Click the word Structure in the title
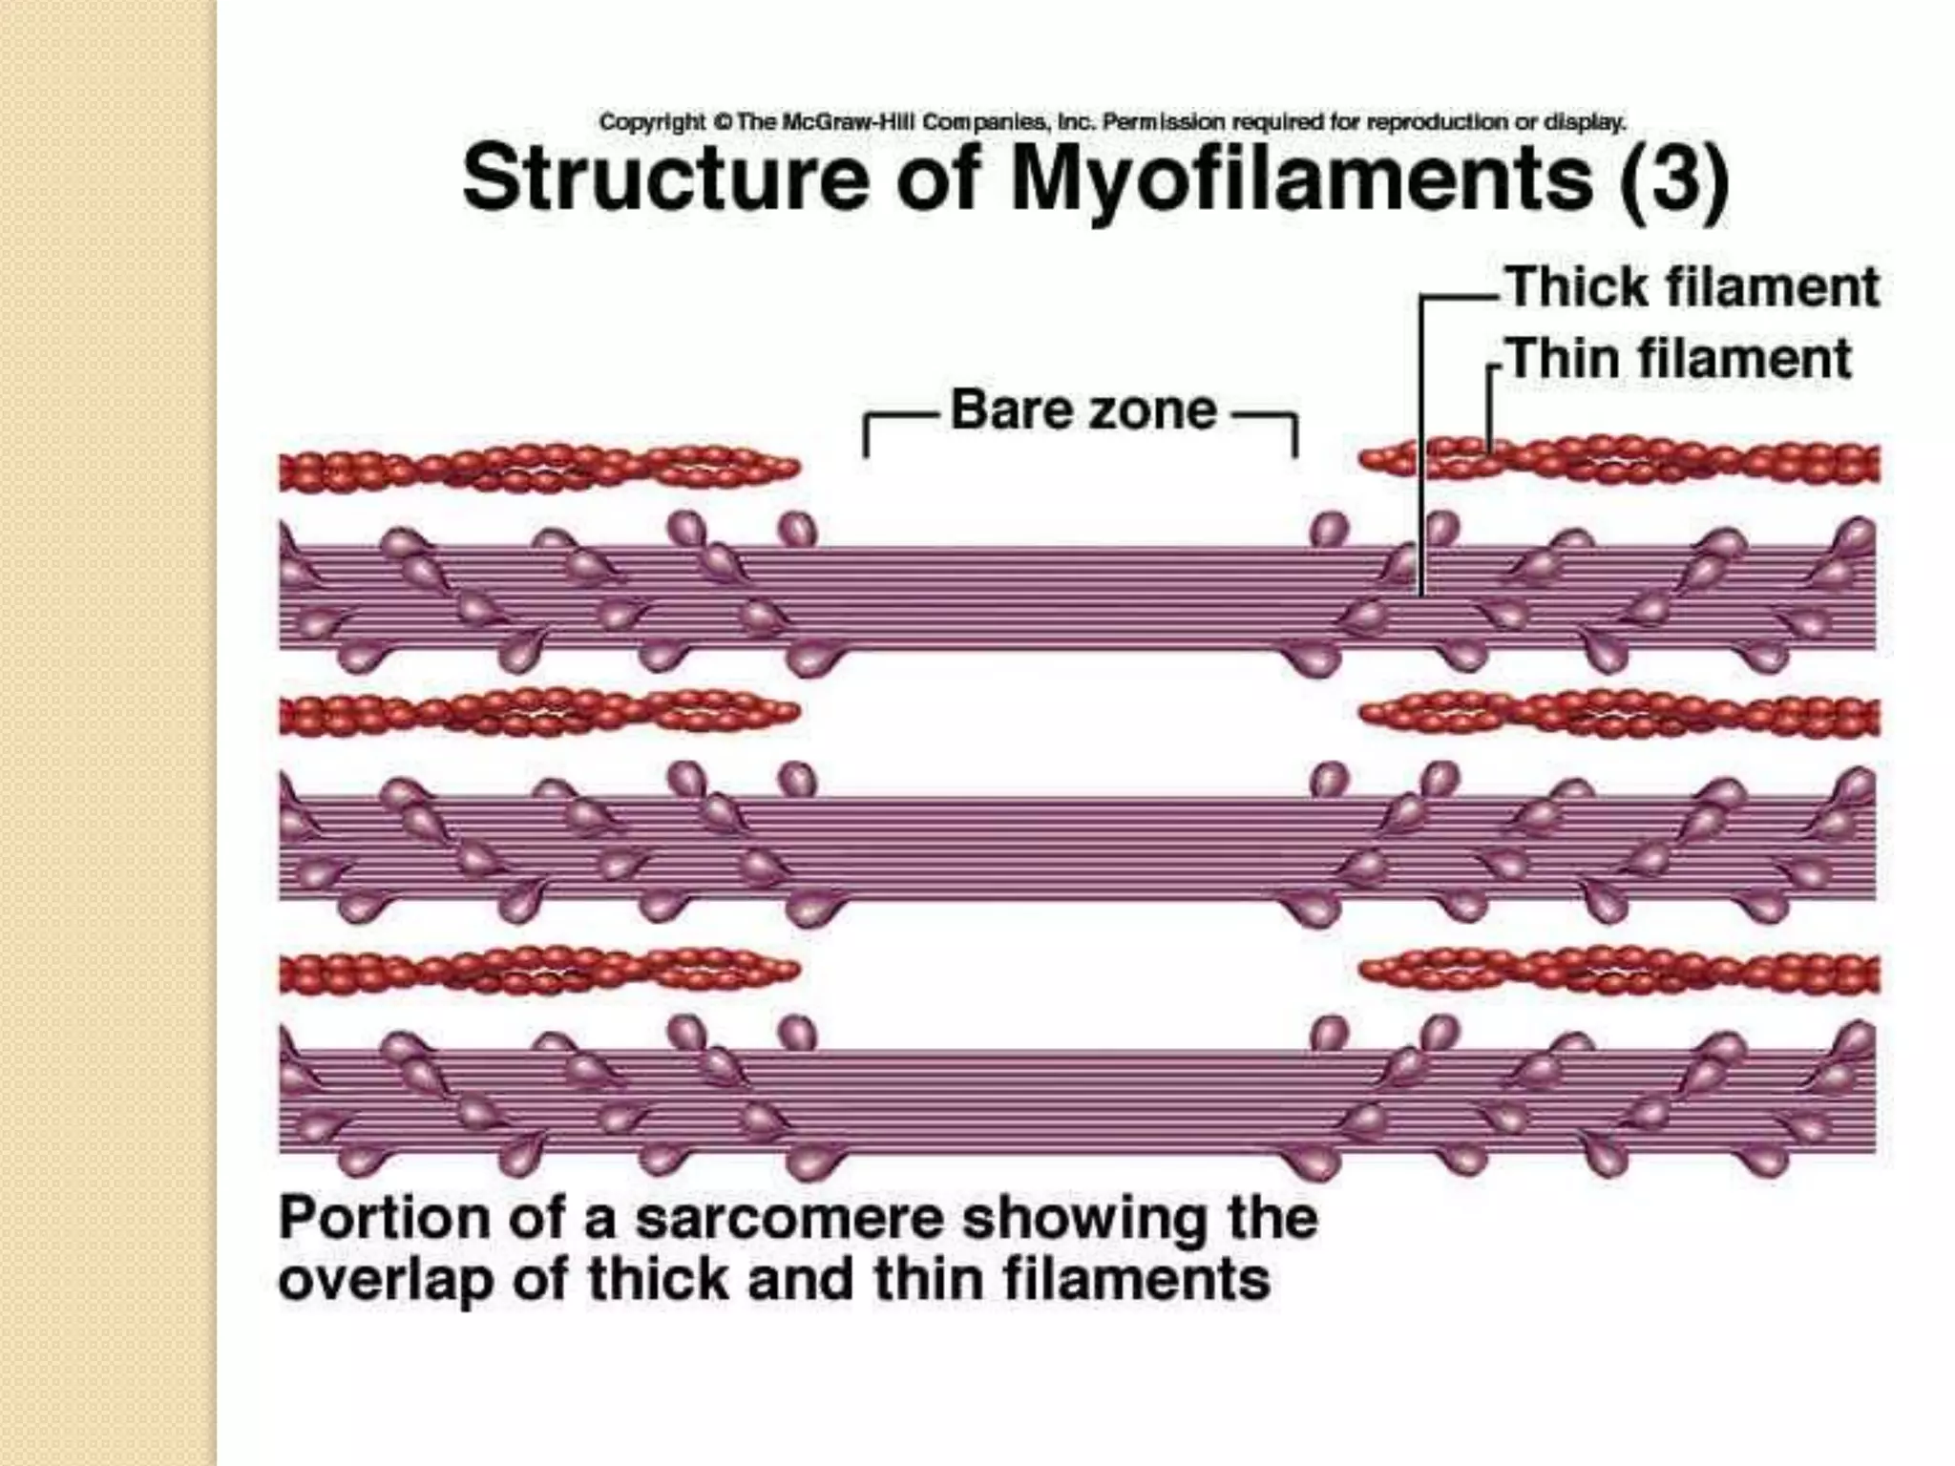pyautogui.click(x=664, y=178)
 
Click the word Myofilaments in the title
pyautogui.click(x=1301, y=178)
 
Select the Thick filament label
pyautogui.click(x=1692, y=287)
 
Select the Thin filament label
pyautogui.click(x=1679, y=360)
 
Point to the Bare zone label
pyautogui.click(x=1083, y=410)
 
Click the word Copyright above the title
pyautogui.click(x=652, y=122)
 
